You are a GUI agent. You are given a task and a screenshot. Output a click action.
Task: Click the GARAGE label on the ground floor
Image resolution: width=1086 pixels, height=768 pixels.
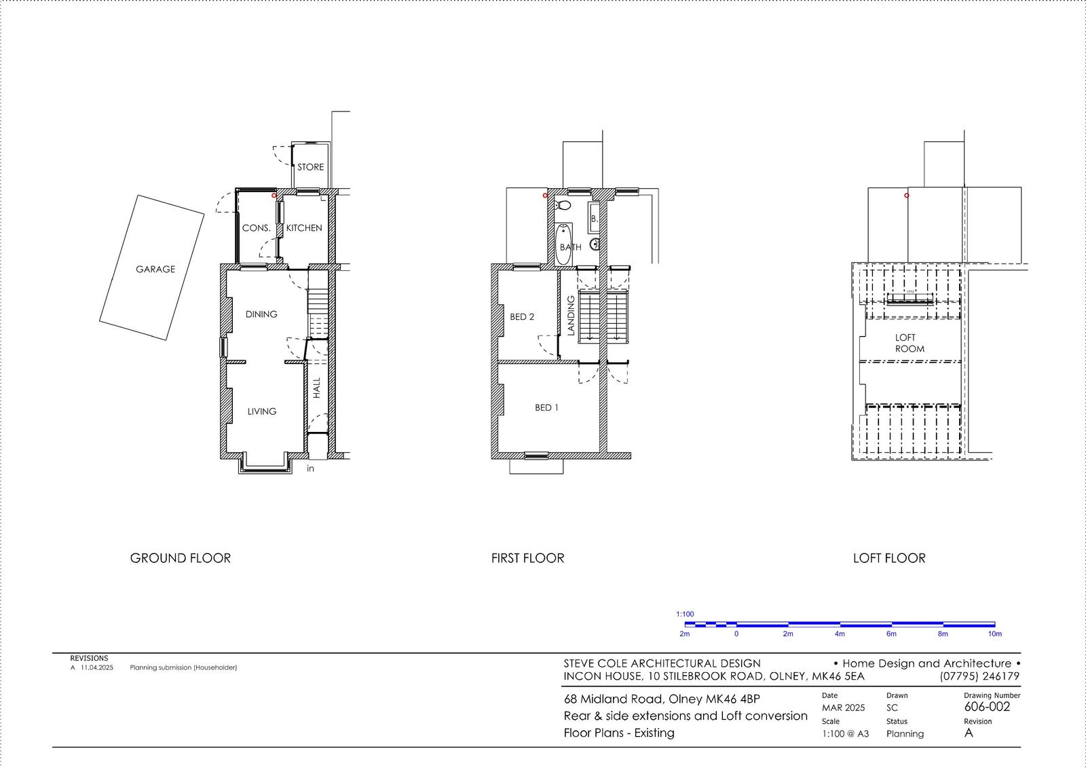(155, 270)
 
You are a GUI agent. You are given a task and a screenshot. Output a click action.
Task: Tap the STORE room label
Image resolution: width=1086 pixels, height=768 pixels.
(310, 167)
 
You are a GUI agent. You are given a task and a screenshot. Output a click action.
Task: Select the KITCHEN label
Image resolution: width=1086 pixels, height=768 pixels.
(304, 228)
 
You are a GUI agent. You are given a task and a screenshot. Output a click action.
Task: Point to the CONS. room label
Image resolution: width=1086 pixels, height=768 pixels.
(257, 228)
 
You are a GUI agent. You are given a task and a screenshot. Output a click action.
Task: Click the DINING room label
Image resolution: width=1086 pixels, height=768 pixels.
(261, 314)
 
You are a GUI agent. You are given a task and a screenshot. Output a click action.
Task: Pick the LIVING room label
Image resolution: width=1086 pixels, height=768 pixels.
(262, 412)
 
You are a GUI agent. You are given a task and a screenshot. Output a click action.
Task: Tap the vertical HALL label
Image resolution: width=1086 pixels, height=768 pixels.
(316, 388)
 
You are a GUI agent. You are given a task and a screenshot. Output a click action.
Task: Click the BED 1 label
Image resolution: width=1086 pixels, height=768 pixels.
(546, 407)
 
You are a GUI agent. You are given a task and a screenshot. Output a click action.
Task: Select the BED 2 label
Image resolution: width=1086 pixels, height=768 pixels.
(522, 317)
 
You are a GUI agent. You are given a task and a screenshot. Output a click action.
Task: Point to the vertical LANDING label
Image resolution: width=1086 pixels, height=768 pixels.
(571, 315)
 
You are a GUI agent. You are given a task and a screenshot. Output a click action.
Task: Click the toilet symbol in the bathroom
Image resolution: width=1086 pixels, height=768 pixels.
(563, 205)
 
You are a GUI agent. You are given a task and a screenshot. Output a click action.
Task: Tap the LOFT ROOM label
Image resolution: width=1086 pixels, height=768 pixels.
(909, 343)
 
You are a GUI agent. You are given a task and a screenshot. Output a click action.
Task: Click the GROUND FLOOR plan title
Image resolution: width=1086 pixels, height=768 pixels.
(181, 558)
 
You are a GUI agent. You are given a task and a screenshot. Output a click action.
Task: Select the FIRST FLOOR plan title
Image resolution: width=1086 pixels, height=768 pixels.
(527, 558)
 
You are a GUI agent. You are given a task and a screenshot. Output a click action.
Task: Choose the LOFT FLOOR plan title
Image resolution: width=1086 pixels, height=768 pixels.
(889, 558)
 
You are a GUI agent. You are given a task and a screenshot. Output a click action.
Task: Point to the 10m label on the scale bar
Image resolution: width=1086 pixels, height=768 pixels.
(995, 634)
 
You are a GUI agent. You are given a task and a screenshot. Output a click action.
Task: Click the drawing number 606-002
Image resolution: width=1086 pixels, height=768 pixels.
(987, 707)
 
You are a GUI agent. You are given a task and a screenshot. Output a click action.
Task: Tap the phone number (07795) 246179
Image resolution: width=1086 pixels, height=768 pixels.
(979, 676)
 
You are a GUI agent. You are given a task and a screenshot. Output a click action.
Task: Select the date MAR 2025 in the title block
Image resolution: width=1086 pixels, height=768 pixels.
(843, 708)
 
